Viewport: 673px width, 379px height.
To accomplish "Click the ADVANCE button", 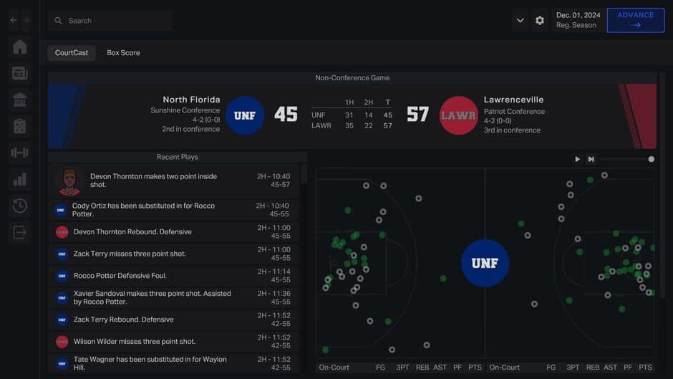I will point(635,20).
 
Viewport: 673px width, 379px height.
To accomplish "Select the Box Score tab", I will point(123,53).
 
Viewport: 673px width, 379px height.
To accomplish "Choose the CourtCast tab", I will point(72,53).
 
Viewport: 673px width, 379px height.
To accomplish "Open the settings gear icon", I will point(540,21).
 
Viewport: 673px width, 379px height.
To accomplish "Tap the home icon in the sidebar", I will point(20,47).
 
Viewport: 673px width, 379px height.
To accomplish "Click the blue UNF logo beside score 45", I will point(245,115).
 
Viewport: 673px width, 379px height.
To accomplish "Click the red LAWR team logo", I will point(458,115).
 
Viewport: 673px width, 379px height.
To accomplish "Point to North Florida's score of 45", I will point(286,115).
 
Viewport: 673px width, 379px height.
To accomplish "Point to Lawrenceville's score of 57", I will point(417,115).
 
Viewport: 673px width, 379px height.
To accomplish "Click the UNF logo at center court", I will point(485,263).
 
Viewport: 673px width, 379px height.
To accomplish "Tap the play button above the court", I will point(577,159).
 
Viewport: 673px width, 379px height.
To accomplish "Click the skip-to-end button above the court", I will point(591,159).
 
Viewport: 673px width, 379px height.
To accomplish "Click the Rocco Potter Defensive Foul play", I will point(130,276).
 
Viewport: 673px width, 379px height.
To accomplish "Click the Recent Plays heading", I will point(177,157).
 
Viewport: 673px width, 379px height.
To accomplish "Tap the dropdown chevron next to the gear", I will point(521,21).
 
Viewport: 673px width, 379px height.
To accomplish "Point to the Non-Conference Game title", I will point(352,77).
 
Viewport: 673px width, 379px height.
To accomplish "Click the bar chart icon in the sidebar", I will point(20,179).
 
